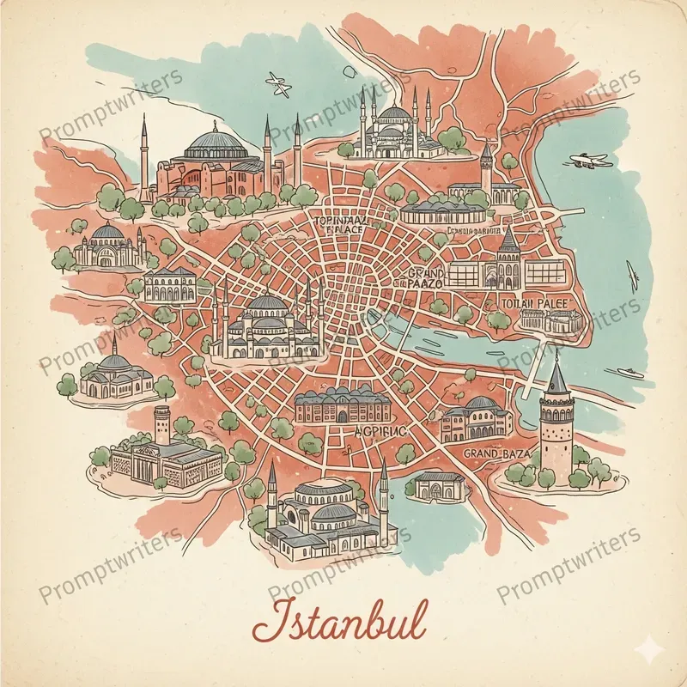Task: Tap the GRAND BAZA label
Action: [x=496, y=452]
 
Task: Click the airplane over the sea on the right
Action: [x=590, y=160]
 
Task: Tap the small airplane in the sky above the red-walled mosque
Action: [x=277, y=83]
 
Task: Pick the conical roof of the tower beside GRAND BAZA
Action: [x=556, y=375]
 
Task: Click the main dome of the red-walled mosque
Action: [x=212, y=139]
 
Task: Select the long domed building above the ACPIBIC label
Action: [x=341, y=404]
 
